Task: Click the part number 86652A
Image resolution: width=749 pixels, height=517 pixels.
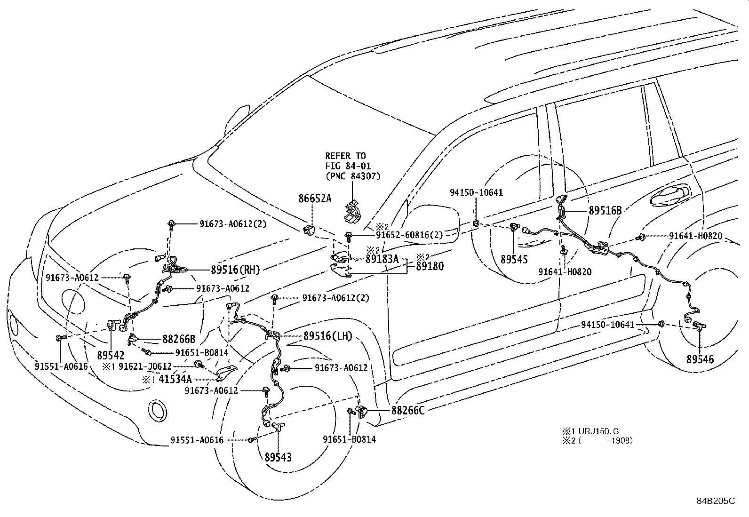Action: coord(315,199)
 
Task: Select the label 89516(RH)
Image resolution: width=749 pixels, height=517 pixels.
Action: coord(235,270)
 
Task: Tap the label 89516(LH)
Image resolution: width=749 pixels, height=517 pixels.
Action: coord(328,336)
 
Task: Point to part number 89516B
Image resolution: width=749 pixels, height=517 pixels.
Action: coord(605,211)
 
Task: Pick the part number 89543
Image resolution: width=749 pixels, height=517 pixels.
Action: coord(278,457)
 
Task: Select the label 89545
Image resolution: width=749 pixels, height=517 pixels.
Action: coord(514,259)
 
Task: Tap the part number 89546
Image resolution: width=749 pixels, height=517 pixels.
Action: coord(700,359)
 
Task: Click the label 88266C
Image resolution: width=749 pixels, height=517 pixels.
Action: coord(408,410)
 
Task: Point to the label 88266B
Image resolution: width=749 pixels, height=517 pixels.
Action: coord(179,339)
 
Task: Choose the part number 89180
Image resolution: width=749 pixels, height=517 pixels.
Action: coord(429,266)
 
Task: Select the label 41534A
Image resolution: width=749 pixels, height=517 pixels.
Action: coord(175,379)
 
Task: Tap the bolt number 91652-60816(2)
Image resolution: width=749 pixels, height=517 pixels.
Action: coord(409,235)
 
